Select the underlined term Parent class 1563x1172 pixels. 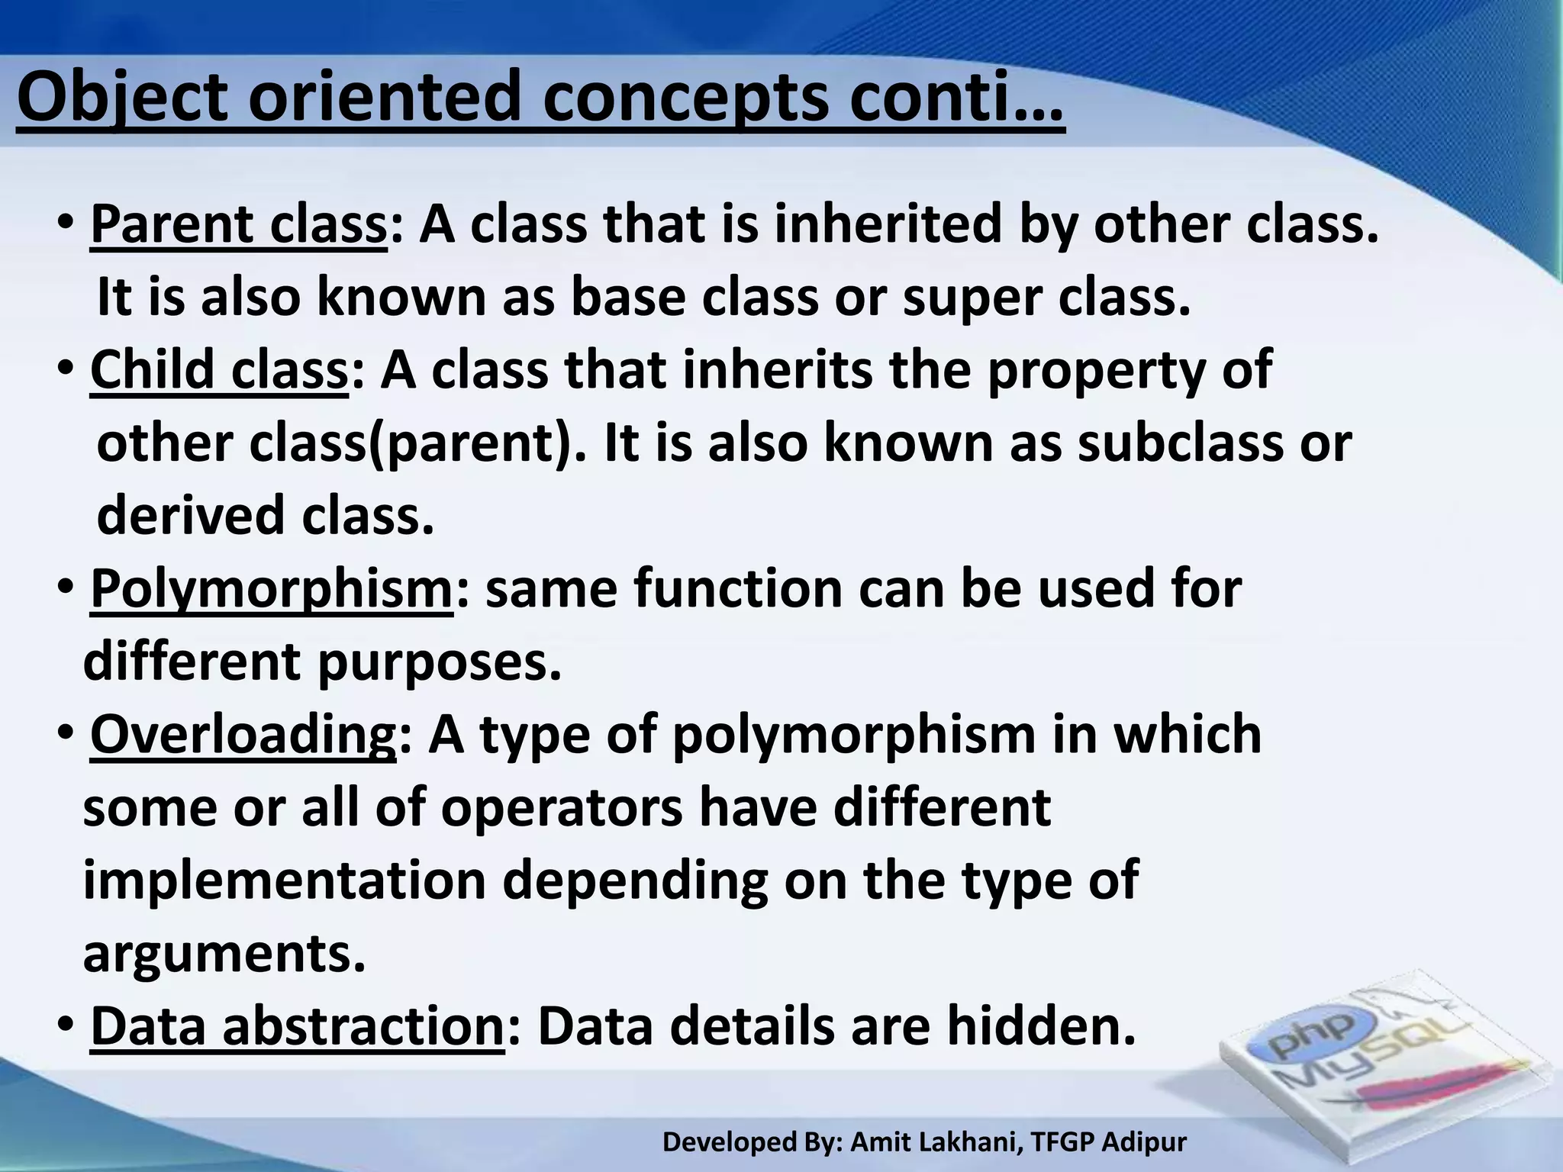(239, 225)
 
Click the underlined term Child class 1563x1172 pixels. (219, 370)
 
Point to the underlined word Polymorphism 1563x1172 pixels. (272, 590)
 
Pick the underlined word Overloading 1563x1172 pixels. (243, 735)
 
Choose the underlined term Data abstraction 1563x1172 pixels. (297, 1026)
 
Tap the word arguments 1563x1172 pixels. (224, 953)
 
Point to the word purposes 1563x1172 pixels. (439, 662)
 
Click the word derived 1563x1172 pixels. (191, 516)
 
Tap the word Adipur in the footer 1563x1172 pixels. (1145, 1142)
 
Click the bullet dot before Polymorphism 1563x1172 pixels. (66, 589)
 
